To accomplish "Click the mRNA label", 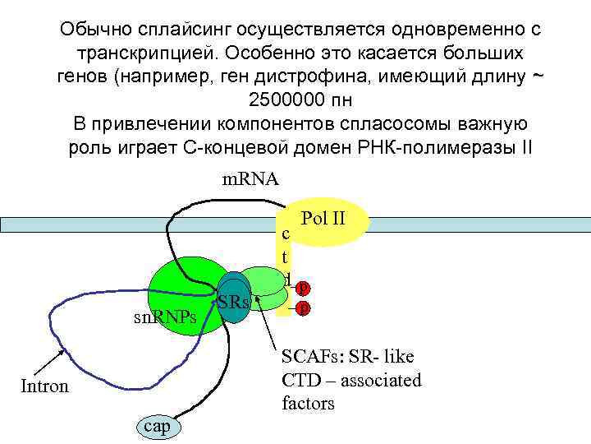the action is pos(251,179).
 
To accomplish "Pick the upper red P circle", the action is pos(304,289).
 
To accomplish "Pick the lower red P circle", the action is pos(304,308).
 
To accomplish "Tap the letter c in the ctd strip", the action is pos(285,234).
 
